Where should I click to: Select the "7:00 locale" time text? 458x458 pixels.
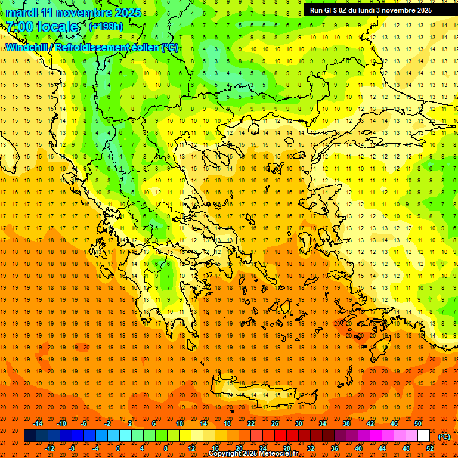[42, 27]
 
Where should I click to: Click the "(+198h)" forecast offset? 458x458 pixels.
[106, 26]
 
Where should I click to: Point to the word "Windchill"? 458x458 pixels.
[26, 47]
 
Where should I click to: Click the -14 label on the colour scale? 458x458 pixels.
[38, 423]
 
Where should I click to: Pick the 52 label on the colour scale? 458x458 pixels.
[430, 448]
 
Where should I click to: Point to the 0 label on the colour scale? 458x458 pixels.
[118, 448]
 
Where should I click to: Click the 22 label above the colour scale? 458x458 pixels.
[251, 423]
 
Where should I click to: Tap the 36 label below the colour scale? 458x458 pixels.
[334, 448]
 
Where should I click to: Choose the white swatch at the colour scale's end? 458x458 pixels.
[424, 436]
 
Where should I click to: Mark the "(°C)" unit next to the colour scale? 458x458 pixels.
[444, 437]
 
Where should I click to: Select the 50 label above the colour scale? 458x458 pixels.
[418, 423]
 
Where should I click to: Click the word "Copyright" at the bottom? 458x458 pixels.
[225, 454]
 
